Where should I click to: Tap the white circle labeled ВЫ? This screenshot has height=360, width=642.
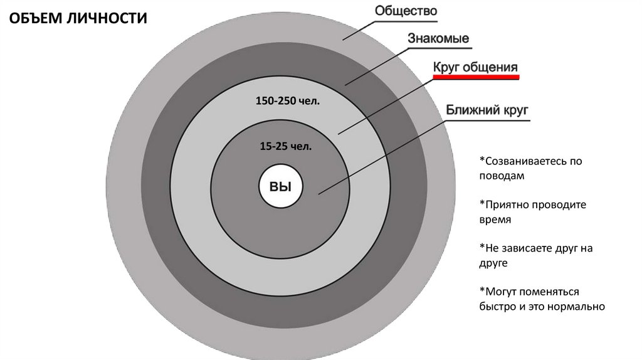pyautogui.click(x=281, y=186)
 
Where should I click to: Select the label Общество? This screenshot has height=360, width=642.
pyautogui.click(x=406, y=11)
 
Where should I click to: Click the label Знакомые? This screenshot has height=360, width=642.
pyautogui.click(x=438, y=39)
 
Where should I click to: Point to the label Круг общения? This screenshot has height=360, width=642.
pyautogui.click(x=475, y=67)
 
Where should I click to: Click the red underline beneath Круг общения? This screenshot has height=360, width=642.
pyautogui.click(x=475, y=77)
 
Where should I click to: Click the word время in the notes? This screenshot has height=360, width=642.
pyautogui.click(x=495, y=220)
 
